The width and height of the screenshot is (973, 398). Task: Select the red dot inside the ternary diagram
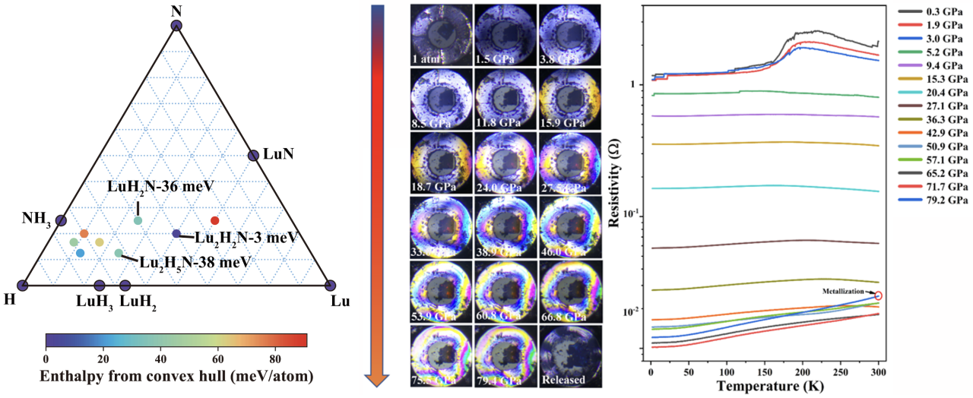[214, 220]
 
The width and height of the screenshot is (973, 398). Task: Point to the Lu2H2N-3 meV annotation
[244, 238]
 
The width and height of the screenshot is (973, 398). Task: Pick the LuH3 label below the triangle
[94, 302]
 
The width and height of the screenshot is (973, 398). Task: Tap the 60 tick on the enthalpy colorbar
[217, 358]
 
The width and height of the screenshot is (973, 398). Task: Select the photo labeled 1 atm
[439, 35]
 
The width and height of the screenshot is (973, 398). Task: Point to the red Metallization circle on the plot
[879, 295]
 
